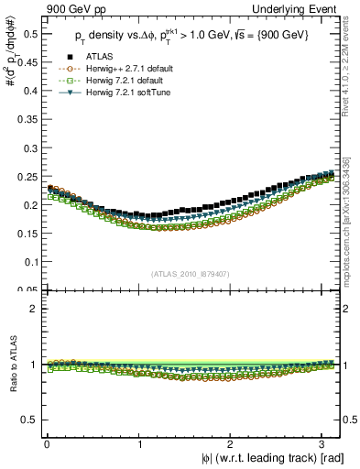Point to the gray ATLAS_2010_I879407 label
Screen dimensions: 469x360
pos(191,273)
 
